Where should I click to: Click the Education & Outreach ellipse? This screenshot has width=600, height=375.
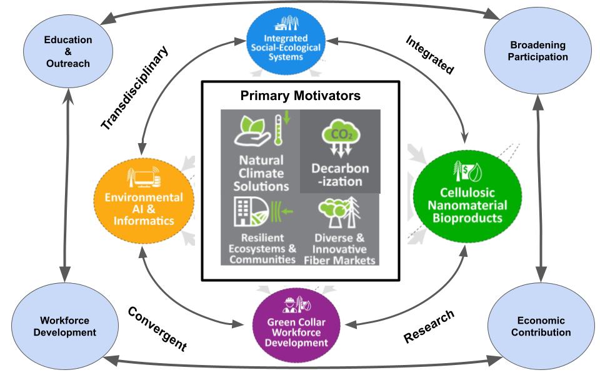click(x=67, y=51)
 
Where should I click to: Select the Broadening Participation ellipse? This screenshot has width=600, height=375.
click(x=537, y=51)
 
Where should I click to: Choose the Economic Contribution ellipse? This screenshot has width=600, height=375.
click(x=540, y=326)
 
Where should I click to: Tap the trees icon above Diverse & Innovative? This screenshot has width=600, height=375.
click(x=337, y=214)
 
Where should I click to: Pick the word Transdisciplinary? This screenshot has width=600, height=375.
click(x=135, y=87)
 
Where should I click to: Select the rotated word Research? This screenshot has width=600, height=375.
click(x=429, y=326)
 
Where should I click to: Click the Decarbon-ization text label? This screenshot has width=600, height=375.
click(x=339, y=175)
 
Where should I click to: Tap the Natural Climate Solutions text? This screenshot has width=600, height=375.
click(x=260, y=173)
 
